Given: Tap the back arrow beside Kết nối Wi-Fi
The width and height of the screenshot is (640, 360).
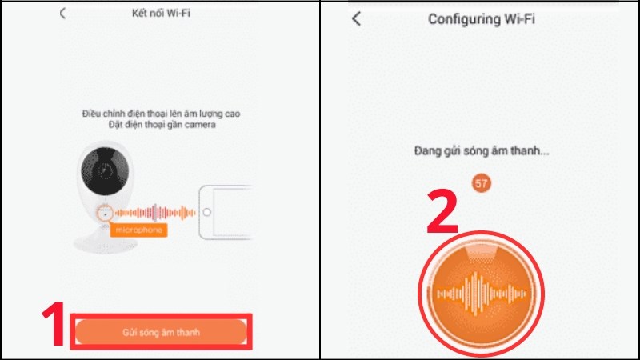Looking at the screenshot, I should click(x=63, y=14).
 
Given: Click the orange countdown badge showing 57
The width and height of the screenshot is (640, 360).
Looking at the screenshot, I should click(x=482, y=183).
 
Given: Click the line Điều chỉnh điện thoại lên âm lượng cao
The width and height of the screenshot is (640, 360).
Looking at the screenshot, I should click(x=160, y=114).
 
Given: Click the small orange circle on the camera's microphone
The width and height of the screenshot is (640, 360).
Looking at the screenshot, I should click(x=102, y=214).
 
